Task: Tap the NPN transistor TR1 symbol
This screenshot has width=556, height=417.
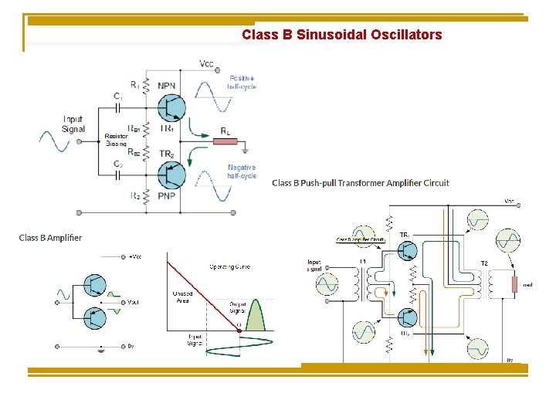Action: pos(171,107)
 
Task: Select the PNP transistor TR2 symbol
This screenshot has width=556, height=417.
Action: pos(171,175)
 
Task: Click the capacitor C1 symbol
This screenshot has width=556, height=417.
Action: pos(117,107)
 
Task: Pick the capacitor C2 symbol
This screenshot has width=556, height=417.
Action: pos(117,175)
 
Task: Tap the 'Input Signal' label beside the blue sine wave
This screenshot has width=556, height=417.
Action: pos(73,124)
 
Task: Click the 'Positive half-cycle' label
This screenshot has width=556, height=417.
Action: pos(241,82)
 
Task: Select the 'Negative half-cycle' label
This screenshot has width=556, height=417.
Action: pos(241,171)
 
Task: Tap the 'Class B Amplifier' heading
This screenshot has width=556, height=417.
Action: pos(51,238)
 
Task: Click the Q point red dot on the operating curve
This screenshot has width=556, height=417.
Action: pos(239,331)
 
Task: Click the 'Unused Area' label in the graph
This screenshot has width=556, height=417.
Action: pos(182,297)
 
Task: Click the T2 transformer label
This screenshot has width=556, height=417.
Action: pos(484,263)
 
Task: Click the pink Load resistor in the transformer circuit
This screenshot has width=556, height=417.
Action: pos(514,284)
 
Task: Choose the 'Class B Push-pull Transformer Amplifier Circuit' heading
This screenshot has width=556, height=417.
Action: pos(361,183)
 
